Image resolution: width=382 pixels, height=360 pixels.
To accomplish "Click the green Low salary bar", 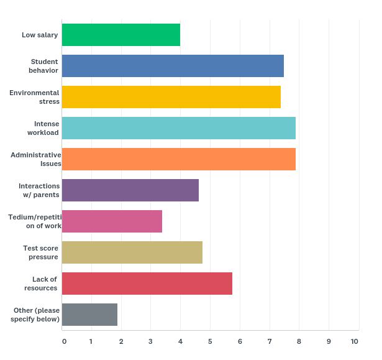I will tap(121, 35).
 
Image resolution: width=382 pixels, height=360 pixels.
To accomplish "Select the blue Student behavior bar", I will tap(173, 66).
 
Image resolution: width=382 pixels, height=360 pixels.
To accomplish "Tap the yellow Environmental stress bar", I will tap(171, 97).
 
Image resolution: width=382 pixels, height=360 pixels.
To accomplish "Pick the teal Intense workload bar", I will tap(179, 128).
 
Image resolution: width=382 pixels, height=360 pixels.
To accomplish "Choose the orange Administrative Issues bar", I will tap(179, 159).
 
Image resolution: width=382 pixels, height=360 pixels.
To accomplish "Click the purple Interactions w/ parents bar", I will tap(130, 190).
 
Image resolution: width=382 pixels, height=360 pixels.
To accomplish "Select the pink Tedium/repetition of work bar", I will tap(112, 221).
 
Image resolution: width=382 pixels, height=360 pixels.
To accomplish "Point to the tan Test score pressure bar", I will tap(132, 252).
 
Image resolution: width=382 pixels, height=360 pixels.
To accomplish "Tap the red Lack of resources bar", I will tap(147, 284).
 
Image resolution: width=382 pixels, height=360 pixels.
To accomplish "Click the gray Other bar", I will tap(89, 315).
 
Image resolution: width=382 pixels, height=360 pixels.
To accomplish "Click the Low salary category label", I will tap(40, 35).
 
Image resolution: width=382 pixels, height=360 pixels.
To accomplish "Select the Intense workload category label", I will tap(43, 128).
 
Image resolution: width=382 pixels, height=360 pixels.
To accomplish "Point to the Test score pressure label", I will tap(41, 252).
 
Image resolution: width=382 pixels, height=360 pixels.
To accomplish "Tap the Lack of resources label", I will tap(41, 284).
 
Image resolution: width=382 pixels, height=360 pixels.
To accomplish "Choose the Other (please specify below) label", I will tap(35, 315).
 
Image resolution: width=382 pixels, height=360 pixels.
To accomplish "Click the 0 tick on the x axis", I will tap(64, 341).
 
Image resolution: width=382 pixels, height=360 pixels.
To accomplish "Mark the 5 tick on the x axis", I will tap(210, 341).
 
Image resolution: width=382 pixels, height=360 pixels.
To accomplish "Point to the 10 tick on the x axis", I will tap(354, 341).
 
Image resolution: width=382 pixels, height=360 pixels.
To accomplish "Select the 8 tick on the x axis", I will tap(299, 341).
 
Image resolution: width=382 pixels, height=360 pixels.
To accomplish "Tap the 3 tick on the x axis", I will tap(150, 341).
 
